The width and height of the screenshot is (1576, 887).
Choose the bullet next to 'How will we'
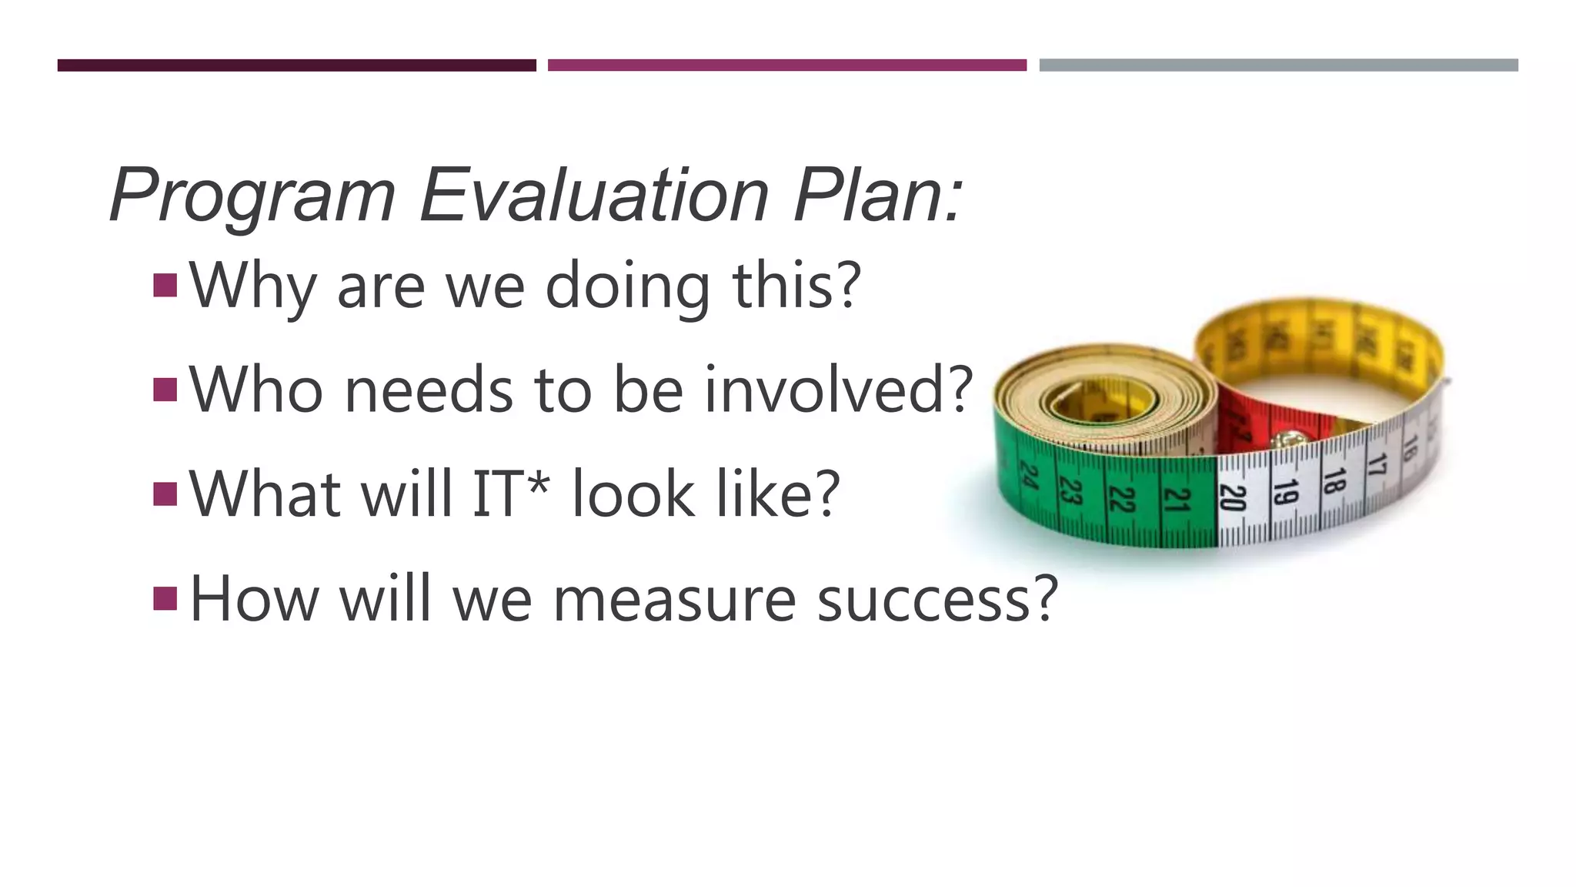click(165, 597)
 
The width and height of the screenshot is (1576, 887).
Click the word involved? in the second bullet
click(839, 389)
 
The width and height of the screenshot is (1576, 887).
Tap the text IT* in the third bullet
click(512, 493)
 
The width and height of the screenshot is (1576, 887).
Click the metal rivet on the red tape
click(1284, 441)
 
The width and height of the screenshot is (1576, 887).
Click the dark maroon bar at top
click(296, 65)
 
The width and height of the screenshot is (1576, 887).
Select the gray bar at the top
click(1278, 65)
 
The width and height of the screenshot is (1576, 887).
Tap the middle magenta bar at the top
click(786, 65)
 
